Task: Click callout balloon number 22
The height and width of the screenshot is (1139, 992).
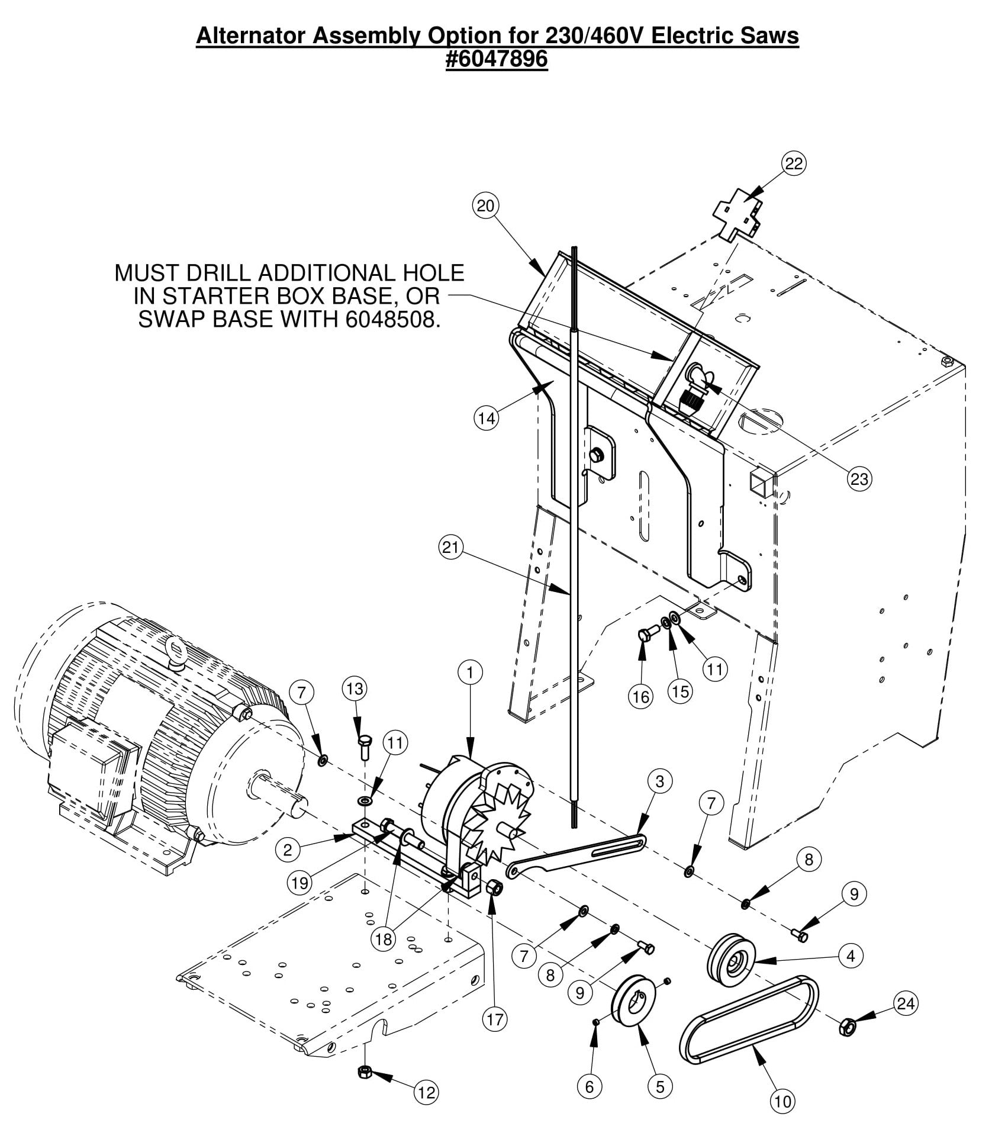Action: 793,163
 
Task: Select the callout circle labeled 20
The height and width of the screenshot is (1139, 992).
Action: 485,205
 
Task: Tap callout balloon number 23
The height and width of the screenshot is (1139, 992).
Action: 859,478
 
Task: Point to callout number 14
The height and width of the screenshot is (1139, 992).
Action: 487,419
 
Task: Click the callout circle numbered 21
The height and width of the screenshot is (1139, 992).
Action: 451,548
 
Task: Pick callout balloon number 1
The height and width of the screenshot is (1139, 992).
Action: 471,673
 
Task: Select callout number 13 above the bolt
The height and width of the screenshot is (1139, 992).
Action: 355,688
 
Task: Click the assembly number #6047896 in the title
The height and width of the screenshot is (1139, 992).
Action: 497,59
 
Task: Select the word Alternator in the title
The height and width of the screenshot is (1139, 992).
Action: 248,36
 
